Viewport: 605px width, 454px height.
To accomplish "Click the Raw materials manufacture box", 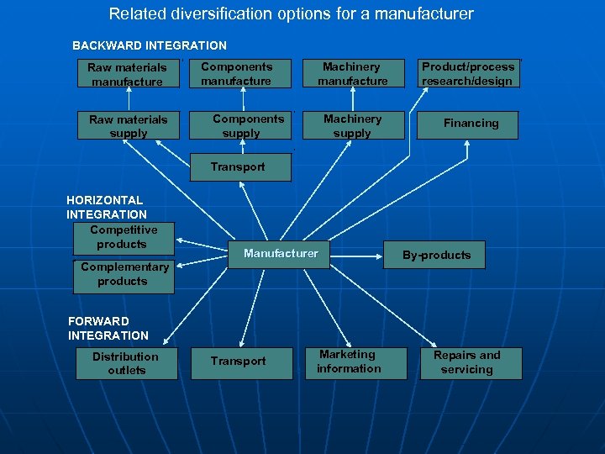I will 128,74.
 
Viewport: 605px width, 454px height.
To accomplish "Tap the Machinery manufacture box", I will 352,74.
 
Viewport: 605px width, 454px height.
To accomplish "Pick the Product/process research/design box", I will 468,74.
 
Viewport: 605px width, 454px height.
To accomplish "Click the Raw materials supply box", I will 128,126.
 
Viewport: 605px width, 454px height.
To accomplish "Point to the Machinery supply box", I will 352,126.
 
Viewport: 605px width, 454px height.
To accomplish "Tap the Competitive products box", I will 123,237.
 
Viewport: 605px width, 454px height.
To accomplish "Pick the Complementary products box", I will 124,275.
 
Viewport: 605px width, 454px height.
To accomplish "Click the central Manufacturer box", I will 281,253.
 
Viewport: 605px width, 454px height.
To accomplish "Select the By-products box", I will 436,255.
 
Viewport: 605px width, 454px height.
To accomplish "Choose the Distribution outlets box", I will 125,363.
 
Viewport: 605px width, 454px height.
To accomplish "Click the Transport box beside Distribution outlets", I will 238,362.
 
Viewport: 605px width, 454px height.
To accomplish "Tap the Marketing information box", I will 348,362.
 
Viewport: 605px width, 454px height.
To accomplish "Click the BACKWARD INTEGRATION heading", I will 150,45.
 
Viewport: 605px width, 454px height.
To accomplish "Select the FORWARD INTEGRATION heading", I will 108,329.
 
